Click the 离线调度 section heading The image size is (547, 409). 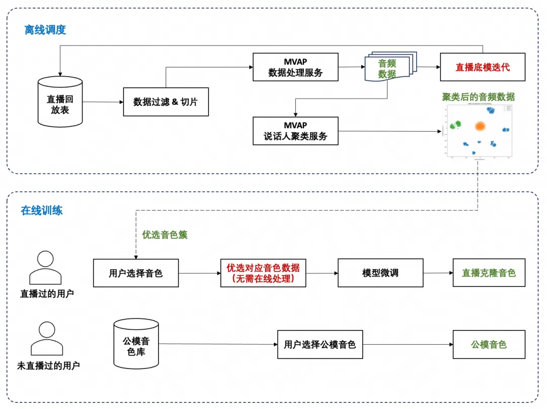tap(45, 30)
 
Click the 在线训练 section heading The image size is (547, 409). tap(42, 210)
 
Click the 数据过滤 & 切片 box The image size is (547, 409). tap(166, 102)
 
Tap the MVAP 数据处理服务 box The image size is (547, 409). tap(295, 67)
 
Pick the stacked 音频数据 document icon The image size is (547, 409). tap(388, 68)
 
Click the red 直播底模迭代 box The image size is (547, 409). tap(482, 67)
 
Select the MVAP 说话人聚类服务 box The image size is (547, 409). tap(295, 131)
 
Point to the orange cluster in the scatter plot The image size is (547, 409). tap(480, 126)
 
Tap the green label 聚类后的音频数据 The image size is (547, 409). tap(478, 97)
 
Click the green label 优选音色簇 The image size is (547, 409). tap(165, 235)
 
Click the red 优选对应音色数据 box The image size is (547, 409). tap(263, 273)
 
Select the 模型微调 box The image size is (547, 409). tap(380, 273)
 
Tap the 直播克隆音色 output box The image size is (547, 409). tap(489, 273)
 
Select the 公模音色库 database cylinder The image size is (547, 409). tap(136, 344)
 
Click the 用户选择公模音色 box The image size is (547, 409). tap(320, 345)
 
